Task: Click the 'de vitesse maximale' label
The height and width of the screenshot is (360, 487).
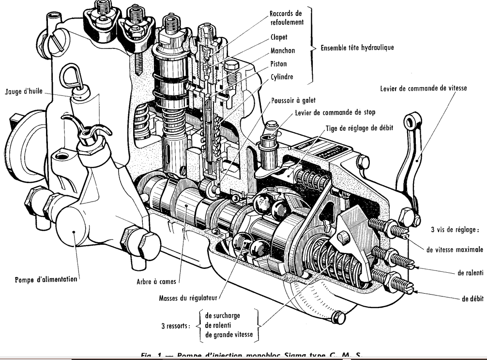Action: click(455, 250)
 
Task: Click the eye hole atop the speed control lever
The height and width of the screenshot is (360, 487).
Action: click(411, 119)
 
